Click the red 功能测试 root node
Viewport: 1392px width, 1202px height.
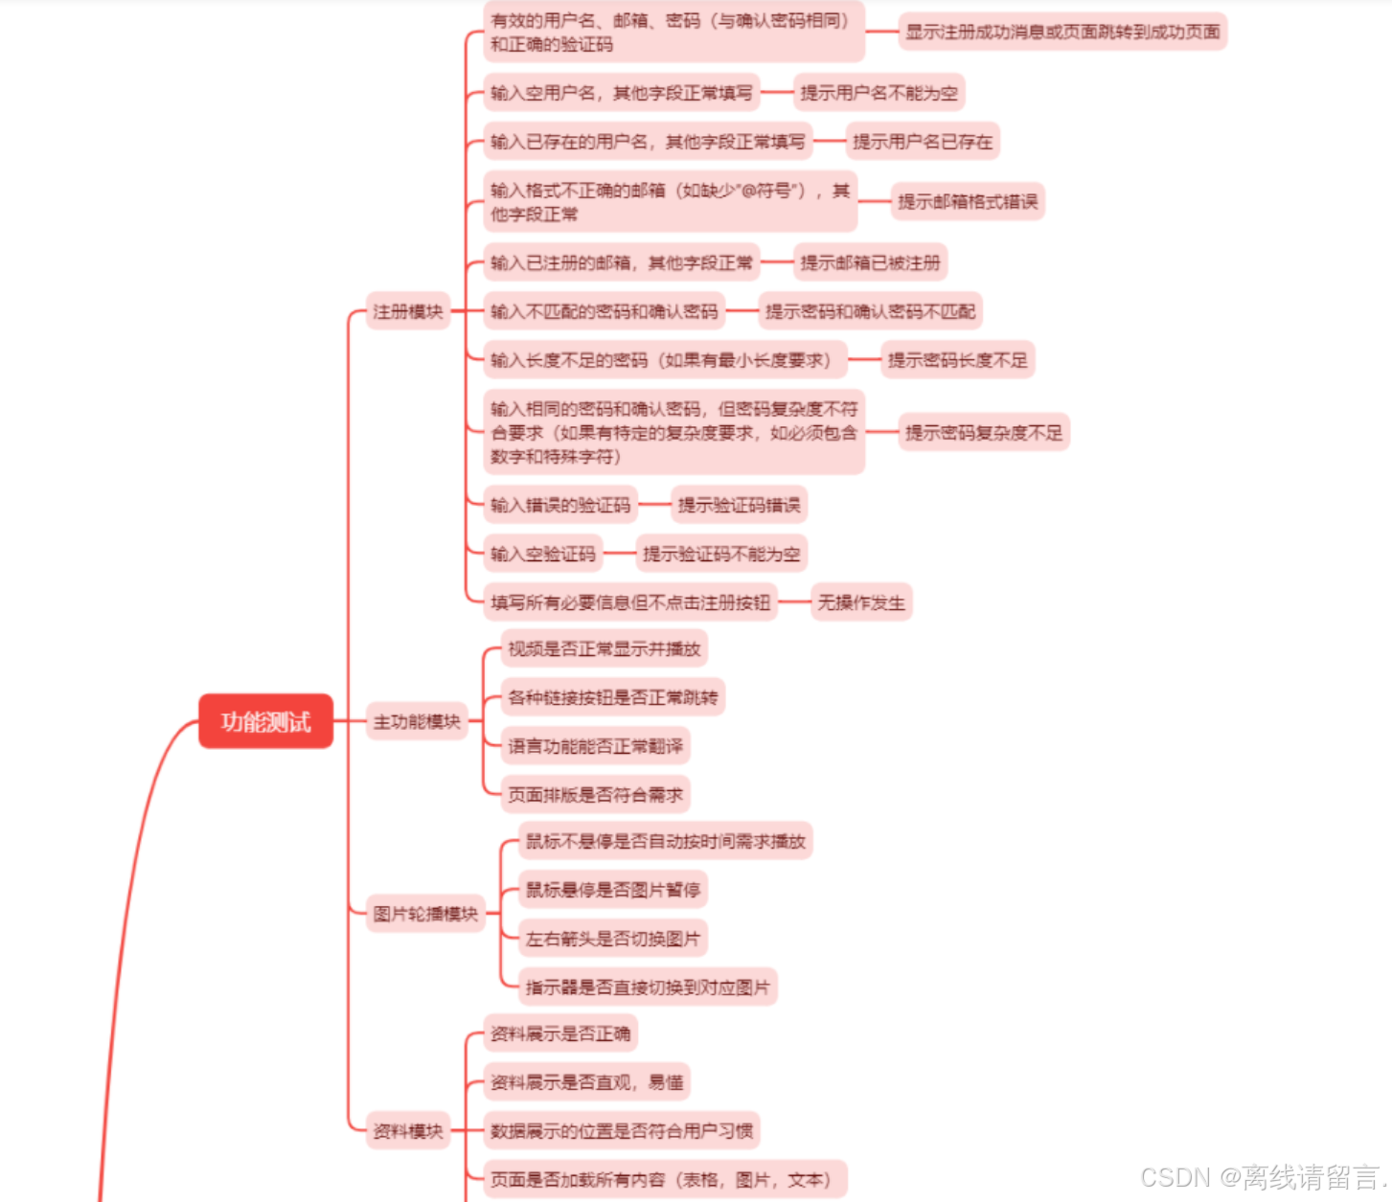[265, 721]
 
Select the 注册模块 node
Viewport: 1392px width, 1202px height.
[408, 311]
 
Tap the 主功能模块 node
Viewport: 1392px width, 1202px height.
[417, 721]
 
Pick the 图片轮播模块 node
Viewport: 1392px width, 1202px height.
[425, 914]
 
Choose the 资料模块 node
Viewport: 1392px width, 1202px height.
[408, 1131]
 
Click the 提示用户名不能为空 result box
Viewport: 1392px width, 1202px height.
[879, 93]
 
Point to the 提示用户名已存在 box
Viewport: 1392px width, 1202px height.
[923, 142]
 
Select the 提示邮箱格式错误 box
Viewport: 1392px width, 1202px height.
[968, 201]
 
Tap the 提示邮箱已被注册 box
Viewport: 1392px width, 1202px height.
[871, 262]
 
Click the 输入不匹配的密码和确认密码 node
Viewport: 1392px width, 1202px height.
[604, 311]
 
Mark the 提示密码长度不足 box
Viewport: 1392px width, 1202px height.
[957, 360]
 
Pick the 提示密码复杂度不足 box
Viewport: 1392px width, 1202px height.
[984, 433]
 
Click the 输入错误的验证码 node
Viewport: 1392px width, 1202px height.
[560, 505]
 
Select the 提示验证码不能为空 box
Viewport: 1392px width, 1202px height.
[721, 554]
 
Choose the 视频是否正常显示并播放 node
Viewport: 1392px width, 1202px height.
[604, 648]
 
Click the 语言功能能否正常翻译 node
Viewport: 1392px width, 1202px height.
[595, 746]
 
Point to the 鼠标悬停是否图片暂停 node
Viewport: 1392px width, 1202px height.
[612, 890]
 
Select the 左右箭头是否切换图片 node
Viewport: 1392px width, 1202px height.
[612, 939]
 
